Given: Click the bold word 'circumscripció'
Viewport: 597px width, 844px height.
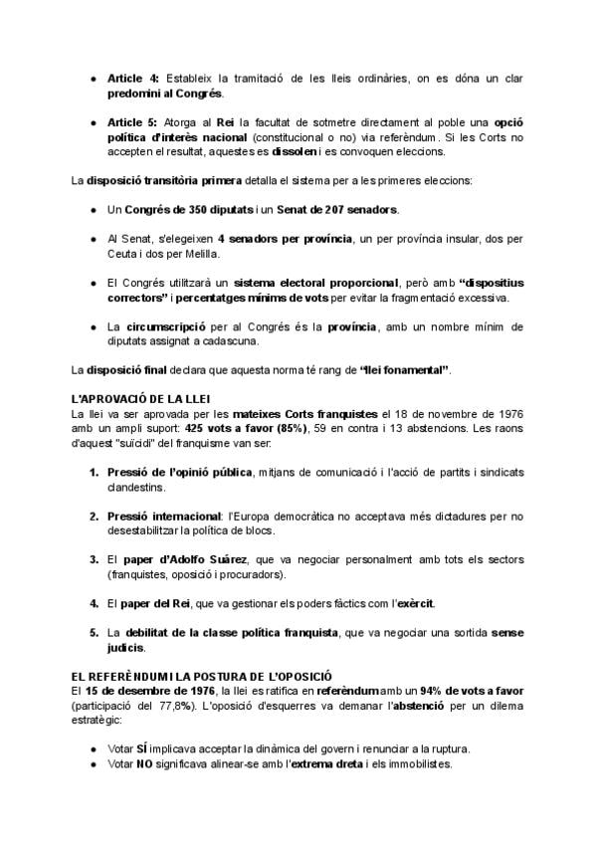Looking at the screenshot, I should click(166, 326).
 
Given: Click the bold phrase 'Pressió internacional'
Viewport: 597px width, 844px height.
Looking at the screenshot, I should click(163, 515).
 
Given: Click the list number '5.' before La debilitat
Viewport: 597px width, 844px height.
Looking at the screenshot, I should click(94, 632).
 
